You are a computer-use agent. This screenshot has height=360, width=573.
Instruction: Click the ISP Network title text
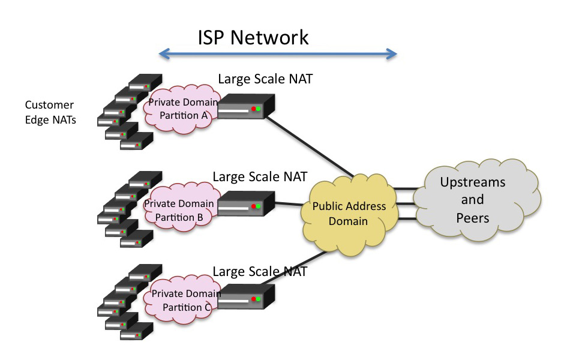253,37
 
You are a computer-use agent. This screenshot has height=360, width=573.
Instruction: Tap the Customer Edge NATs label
49,112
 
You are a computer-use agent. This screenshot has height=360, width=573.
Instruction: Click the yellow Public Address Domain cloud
350,214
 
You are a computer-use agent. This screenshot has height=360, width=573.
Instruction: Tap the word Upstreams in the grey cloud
473,182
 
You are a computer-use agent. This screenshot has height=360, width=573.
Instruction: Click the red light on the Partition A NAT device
254,109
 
